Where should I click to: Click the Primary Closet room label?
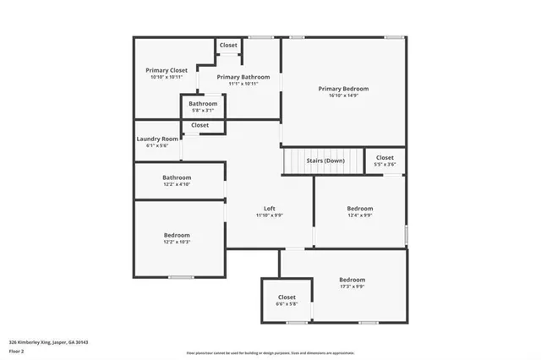(x=167, y=70)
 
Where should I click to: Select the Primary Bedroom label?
(x=343, y=88)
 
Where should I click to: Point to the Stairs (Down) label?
(x=325, y=160)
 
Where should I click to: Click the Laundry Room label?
(x=157, y=139)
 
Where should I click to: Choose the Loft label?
(x=270, y=209)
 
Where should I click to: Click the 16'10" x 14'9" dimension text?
(x=343, y=95)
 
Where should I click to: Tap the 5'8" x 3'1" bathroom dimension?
(x=203, y=110)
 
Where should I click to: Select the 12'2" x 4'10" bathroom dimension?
(x=177, y=184)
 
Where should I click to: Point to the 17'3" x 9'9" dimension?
(x=352, y=286)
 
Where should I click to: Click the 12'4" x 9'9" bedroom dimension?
(x=359, y=215)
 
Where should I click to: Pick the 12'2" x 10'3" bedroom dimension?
(x=177, y=242)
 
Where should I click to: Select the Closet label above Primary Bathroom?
(x=228, y=45)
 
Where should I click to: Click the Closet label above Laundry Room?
(x=199, y=125)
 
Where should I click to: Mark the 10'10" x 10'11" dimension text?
(x=167, y=78)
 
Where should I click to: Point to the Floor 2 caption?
(x=17, y=350)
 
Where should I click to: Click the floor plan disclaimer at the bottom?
(x=270, y=353)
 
